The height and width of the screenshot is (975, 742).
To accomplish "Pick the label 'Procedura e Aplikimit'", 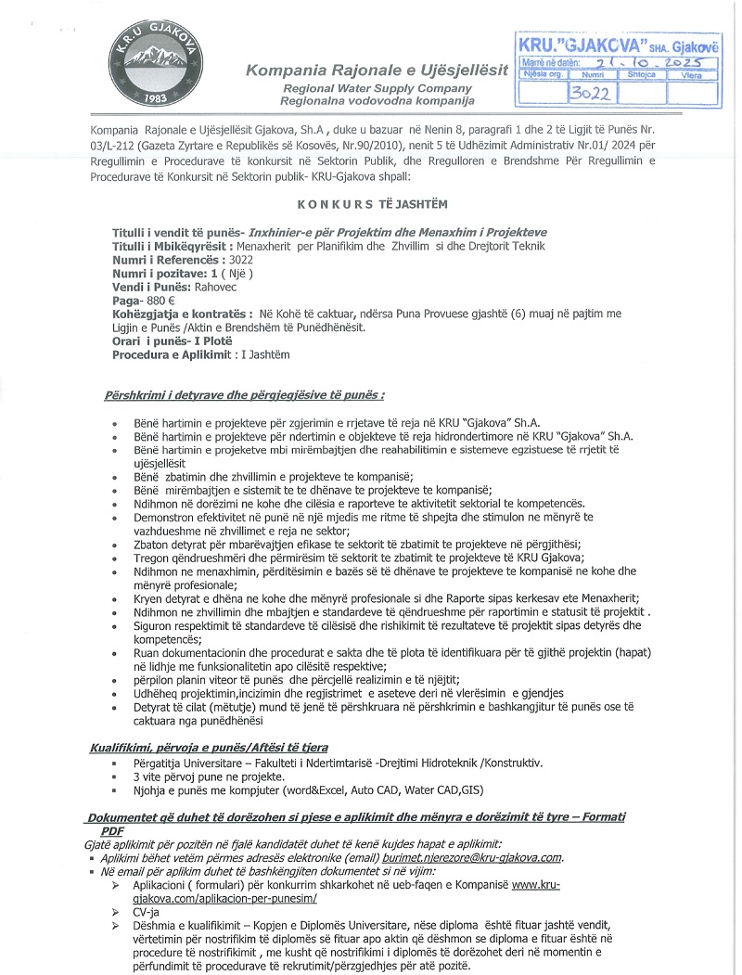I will [170, 353].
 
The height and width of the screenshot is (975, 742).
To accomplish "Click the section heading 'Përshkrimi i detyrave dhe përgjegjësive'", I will [245, 395].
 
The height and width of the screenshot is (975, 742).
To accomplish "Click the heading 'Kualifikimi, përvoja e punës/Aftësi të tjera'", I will [209, 747].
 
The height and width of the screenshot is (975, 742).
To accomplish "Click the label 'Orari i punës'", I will [147, 340].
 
